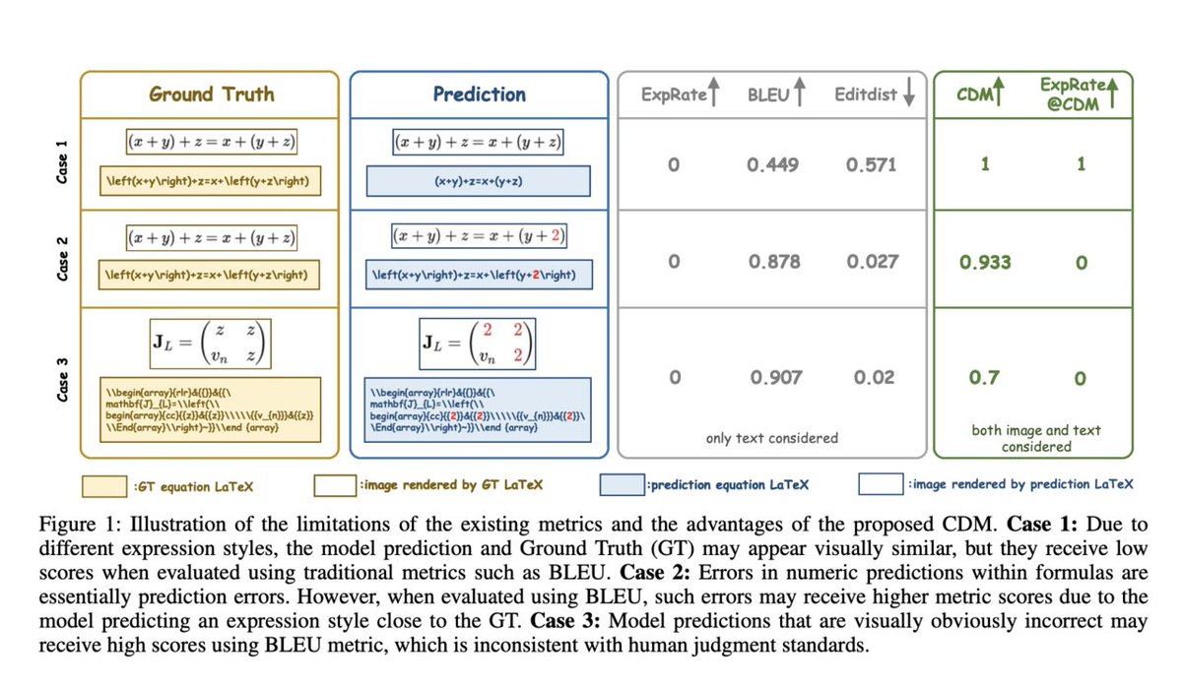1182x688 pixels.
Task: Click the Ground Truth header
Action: (x=211, y=94)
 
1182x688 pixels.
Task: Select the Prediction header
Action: (x=479, y=94)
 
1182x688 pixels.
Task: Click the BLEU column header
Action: (x=764, y=94)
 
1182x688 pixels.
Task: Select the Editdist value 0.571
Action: (x=872, y=165)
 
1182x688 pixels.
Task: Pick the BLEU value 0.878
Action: (x=773, y=262)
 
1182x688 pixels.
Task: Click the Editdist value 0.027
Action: (x=872, y=262)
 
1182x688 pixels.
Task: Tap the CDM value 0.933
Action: (x=985, y=263)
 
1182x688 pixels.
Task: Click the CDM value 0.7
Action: (x=984, y=377)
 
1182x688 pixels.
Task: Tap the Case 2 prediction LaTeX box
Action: (x=479, y=275)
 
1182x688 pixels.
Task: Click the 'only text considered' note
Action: (x=772, y=438)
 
